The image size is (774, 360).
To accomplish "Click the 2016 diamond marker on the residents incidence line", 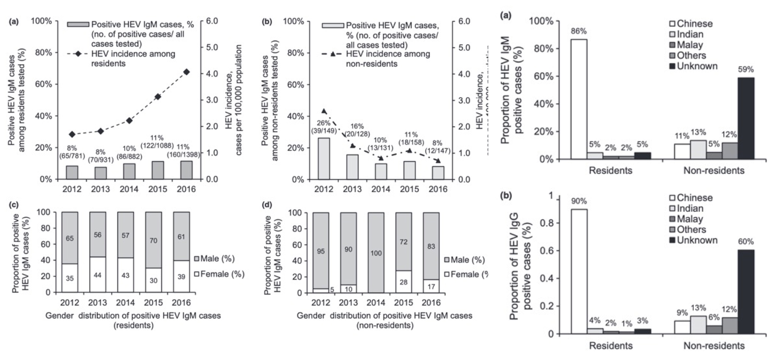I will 186,72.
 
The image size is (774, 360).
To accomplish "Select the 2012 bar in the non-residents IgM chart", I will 324,158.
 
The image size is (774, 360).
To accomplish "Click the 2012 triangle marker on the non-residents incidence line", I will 324,111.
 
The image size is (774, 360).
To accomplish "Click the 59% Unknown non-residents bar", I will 746,118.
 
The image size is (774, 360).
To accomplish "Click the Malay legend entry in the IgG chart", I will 687,219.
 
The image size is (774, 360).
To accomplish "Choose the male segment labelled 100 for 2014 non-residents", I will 376,253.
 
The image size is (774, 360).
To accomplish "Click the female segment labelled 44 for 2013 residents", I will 98,274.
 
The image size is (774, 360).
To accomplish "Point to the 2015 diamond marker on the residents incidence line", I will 158,97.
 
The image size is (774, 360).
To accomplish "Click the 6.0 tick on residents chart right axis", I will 212,21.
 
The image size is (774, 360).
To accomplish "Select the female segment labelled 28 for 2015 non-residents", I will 403,282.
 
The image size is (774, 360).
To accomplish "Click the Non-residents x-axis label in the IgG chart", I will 714,346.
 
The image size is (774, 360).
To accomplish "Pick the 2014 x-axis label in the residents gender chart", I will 125,302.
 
